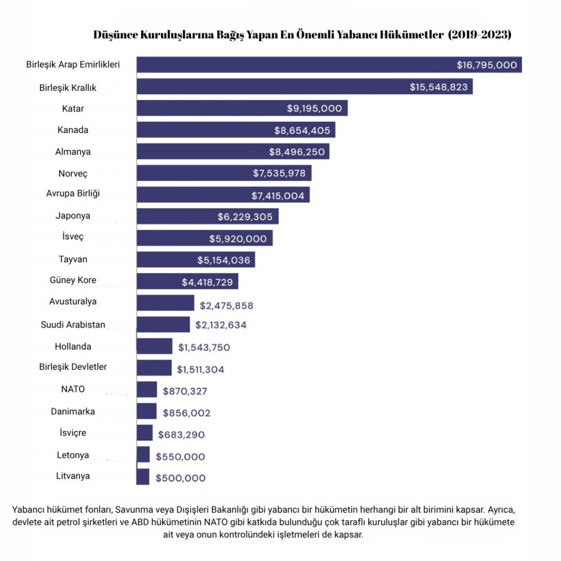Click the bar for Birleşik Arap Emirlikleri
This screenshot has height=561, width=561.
click(329, 65)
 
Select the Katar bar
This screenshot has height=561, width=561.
click(242, 108)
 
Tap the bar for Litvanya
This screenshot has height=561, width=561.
click(142, 477)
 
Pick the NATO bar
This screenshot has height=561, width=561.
click(147, 390)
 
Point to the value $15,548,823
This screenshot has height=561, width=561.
click(438, 87)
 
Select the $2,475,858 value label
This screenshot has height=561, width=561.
click(226, 305)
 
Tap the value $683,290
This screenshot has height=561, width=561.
click(181, 434)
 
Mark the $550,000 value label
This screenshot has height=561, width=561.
click(180, 456)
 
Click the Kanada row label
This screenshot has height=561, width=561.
click(73, 130)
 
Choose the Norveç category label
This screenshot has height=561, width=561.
click(73, 174)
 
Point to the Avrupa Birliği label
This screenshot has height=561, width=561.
click(73, 193)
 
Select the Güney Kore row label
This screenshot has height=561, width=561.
click(73, 280)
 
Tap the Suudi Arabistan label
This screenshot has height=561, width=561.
click(73, 324)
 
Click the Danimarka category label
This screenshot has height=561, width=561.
click(73, 411)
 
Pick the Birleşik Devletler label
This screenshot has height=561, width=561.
click(73, 367)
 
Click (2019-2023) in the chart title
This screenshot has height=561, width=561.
click(479, 35)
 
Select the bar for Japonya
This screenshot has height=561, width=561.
click(207, 216)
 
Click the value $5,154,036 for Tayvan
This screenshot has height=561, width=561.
click(224, 260)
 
